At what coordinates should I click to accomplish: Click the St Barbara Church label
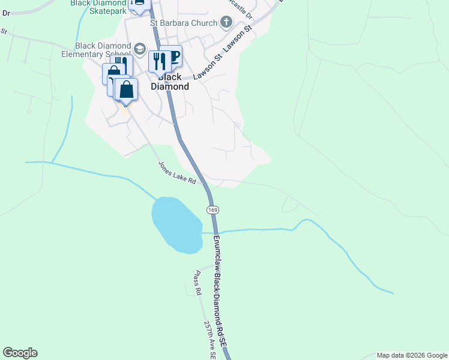(186, 24)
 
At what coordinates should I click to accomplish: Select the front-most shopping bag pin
(126, 90)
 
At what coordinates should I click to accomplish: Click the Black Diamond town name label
(169, 82)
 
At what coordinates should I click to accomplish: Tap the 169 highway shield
(213, 209)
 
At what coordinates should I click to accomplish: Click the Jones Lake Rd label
(177, 172)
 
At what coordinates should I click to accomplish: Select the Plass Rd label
(196, 282)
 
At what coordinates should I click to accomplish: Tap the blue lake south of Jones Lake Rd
(176, 224)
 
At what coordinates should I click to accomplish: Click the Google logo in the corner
(20, 353)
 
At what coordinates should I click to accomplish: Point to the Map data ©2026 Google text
(412, 355)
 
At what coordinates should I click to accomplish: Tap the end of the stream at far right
(393, 293)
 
